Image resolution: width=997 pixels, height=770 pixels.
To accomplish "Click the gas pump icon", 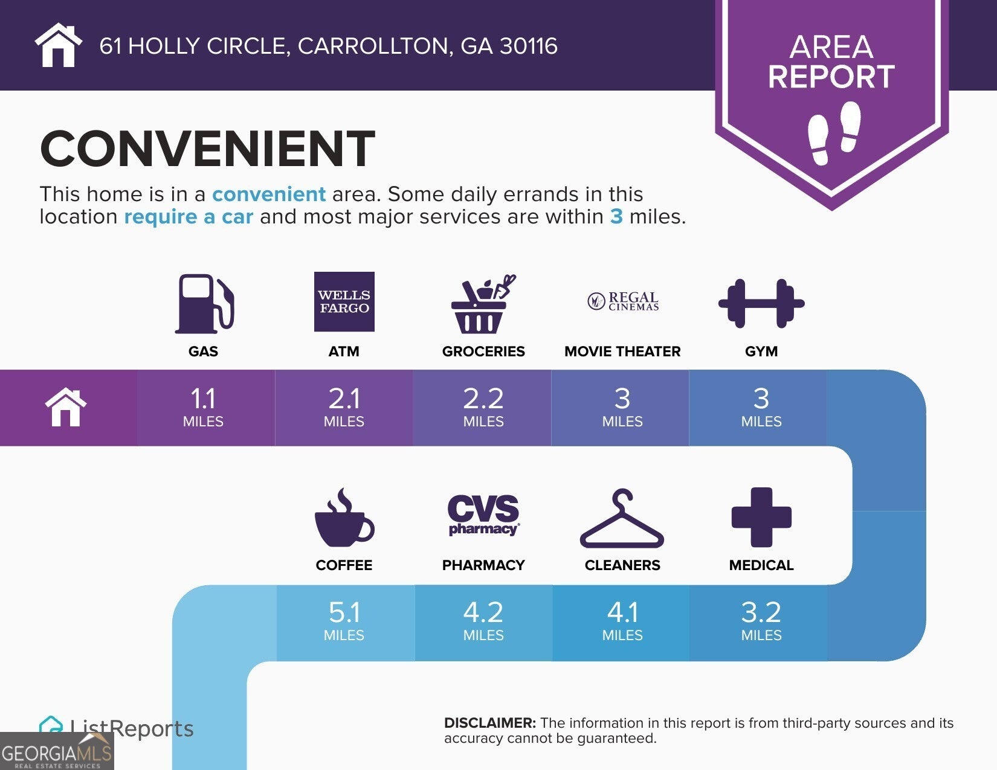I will coord(204,303).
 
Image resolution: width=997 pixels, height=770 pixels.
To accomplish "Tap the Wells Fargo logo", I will coord(344,301).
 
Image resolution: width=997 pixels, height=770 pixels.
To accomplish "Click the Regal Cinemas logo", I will coord(622,301).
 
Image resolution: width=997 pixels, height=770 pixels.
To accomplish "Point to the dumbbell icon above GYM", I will coord(761,303).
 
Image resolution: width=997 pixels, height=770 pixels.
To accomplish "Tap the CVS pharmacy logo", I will coord(483,515).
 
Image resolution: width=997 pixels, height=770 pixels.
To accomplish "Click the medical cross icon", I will coord(761,517).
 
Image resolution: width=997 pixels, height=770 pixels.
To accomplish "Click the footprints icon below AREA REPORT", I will coord(834,133).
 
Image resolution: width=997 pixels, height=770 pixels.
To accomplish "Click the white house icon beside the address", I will coord(58,45).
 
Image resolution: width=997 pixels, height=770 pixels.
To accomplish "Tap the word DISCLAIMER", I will coord(489,723).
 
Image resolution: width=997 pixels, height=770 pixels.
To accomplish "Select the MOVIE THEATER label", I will coord(622,351).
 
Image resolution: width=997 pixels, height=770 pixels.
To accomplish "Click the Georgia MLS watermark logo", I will coord(57,752).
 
